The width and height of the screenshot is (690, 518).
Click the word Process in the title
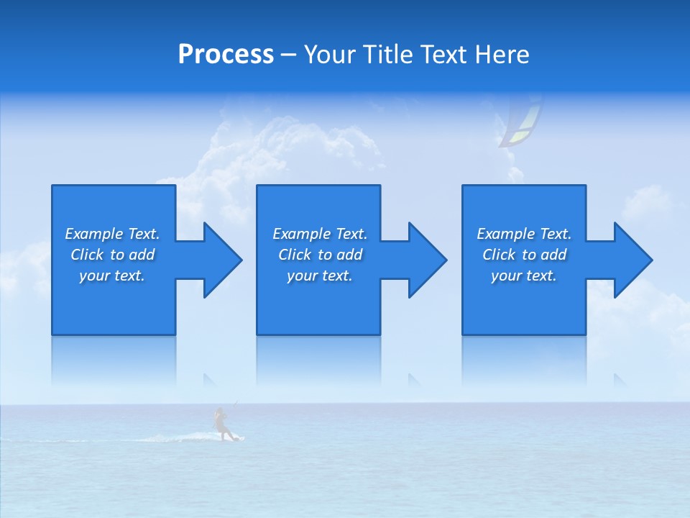coord(226,55)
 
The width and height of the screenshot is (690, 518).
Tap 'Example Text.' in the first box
coord(112,234)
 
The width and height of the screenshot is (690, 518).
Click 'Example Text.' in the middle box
coord(320,234)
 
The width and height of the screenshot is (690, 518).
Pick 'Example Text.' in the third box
coord(524,234)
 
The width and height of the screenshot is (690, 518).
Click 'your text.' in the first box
coord(112,276)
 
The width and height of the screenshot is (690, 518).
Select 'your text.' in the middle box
coord(320,276)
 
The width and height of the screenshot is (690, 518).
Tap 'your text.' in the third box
coord(524,276)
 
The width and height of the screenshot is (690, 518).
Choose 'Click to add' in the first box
coord(112,255)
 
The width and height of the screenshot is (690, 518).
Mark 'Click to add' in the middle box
coord(320,255)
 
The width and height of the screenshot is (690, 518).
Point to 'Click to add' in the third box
coord(524,255)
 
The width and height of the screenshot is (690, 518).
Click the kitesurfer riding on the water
coord(222,424)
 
